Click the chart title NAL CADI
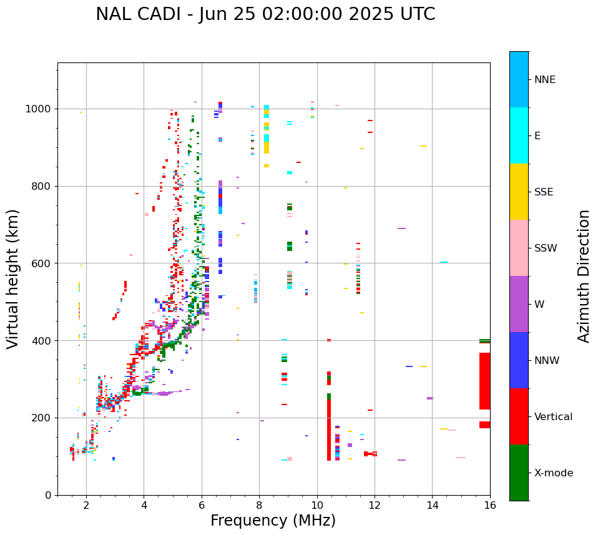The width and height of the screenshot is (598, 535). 265,14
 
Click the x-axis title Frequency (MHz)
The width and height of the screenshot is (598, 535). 273,521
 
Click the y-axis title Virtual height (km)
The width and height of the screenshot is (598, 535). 13,278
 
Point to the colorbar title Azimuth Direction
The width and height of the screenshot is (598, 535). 584,276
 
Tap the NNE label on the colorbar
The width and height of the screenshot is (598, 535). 544,80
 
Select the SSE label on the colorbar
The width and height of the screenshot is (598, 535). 543,192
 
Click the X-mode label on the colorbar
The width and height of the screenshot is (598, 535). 553,473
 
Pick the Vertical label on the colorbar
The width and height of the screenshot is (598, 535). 552,416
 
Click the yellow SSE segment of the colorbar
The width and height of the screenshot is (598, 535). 519,192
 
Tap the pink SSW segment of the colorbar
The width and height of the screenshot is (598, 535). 519,248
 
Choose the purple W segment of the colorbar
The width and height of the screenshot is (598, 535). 519,304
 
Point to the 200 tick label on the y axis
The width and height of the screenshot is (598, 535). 42,418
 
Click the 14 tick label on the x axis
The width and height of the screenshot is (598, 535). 433,506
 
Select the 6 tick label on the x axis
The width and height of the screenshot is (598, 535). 202,506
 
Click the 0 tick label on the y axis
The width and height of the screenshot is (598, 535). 49,495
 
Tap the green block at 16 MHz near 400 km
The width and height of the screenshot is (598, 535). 484,341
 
